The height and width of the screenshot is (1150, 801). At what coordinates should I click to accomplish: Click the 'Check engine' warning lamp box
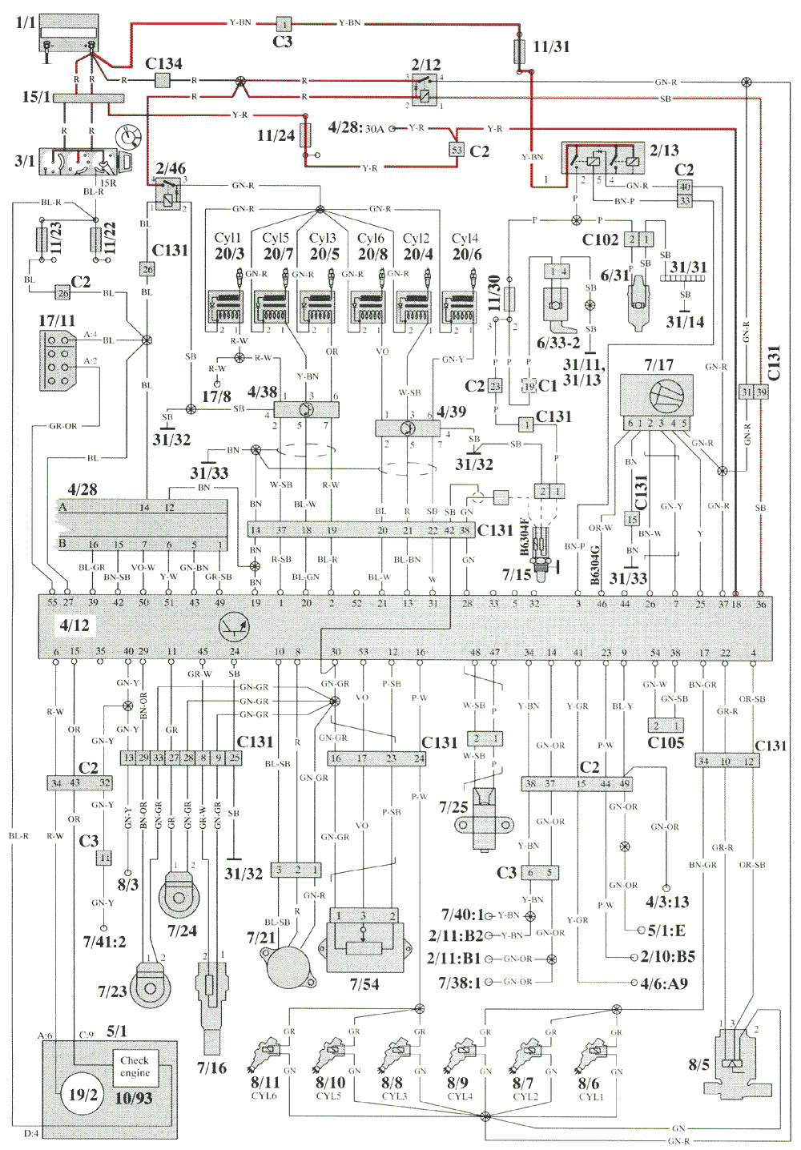coord(135,1066)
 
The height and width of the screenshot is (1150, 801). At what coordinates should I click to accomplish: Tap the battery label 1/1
coord(26,22)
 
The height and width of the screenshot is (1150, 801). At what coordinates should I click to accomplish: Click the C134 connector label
coord(163,63)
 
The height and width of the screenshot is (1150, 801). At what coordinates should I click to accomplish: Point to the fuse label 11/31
coord(551,46)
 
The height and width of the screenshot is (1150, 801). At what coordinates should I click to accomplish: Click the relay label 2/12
coord(426,64)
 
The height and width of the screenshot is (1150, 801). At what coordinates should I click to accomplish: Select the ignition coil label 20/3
coord(229,253)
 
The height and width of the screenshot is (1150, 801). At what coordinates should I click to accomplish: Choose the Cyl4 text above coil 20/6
coord(465,238)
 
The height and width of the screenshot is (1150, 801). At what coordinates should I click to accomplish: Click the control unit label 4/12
coord(74,625)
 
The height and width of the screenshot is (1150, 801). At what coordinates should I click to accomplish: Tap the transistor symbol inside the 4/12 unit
coord(234,628)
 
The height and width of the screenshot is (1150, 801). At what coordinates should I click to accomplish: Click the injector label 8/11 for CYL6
coord(265,1083)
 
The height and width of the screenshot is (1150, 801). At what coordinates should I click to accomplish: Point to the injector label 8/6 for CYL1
coord(589,1083)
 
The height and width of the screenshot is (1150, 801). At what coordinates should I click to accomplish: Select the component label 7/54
coord(364,983)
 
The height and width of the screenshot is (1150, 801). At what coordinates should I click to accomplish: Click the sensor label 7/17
coord(659,364)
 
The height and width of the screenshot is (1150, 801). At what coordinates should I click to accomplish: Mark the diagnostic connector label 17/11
coord(57,320)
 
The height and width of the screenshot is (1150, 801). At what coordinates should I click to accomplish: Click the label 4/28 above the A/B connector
coord(82,489)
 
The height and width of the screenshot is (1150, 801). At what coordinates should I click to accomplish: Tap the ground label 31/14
coord(685,322)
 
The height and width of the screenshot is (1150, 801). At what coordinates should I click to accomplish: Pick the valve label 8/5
coord(698,1064)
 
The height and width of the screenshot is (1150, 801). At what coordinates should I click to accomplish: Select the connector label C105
coord(666,742)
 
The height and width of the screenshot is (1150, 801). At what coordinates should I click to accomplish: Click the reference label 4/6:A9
coord(664,983)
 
